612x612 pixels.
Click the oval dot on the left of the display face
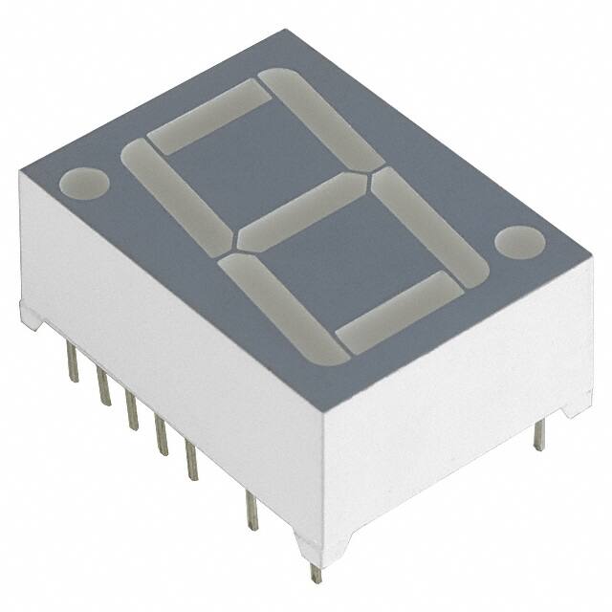(x=84, y=183)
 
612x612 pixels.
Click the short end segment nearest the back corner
(x=209, y=116)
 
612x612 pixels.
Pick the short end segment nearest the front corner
(x=394, y=312)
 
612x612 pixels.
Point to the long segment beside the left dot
(x=178, y=191)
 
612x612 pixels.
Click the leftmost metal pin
(x=73, y=363)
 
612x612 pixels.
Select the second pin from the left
(x=102, y=386)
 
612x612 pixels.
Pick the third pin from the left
(x=132, y=410)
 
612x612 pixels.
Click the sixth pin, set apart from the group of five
(x=251, y=510)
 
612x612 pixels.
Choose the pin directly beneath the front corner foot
(x=316, y=573)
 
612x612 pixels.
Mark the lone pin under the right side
(x=538, y=435)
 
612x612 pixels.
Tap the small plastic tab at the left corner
(x=30, y=316)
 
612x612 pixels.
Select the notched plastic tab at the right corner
(x=577, y=405)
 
